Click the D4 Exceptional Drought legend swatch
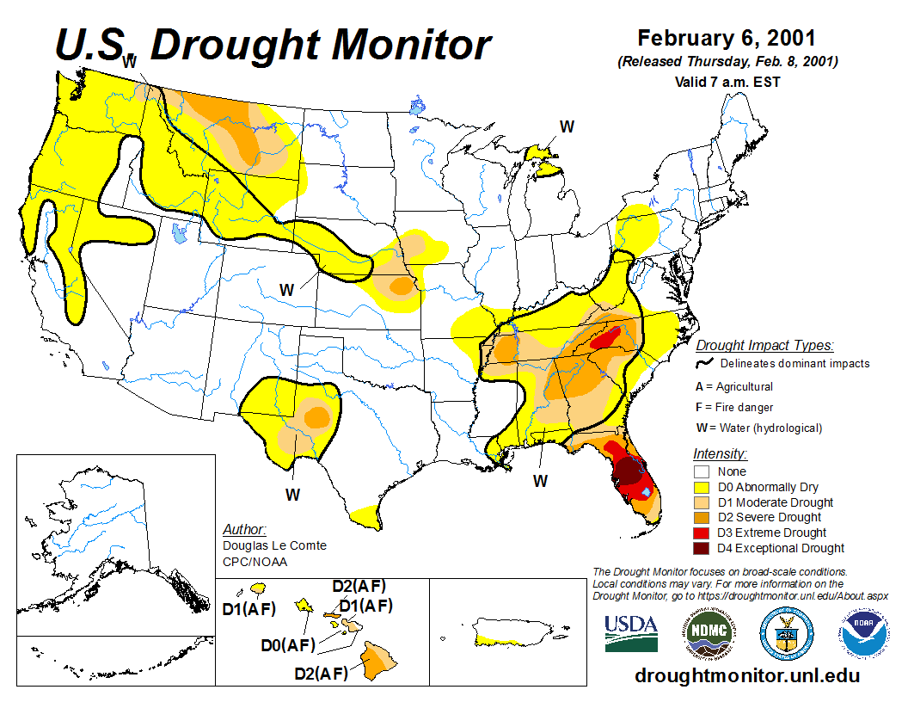(x=702, y=548)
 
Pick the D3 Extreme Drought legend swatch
(x=702, y=533)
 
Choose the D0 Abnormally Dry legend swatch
(x=702, y=487)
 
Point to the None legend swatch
(x=702, y=471)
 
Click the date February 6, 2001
(x=727, y=39)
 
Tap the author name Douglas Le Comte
(x=274, y=545)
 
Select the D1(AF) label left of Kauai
(x=248, y=609)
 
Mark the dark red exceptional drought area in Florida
(x=630, y=471)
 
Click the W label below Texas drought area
(x=293, y=495)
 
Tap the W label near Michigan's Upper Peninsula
(x=567, y=126)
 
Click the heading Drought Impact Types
(x=764, y=346)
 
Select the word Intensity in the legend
(x=720, y=453)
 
